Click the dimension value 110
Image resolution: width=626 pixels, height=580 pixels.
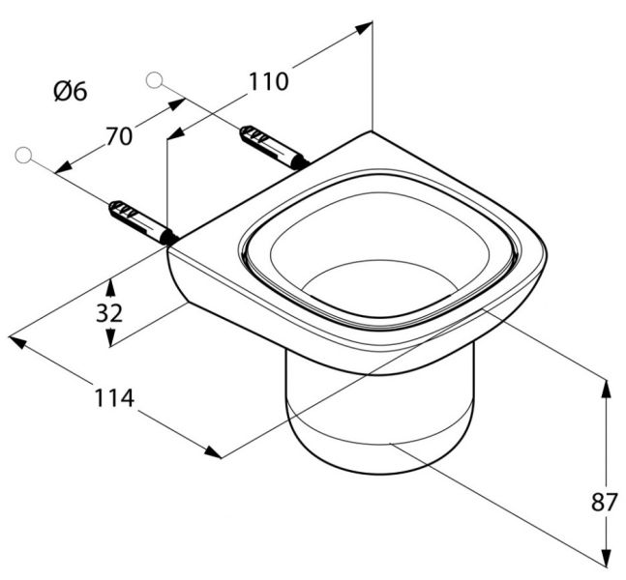pyautogui.click(x=268, y=82)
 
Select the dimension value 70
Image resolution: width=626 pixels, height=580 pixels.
pyautogui.click(x=118, y=136)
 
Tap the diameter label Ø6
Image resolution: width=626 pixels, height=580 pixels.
pyautogui.click(x=70, y=92)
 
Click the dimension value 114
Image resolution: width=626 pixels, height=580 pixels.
pyautogui.click(x=114, y=398)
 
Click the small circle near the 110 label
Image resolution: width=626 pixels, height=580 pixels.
pyautogui.click(x=153, y=79)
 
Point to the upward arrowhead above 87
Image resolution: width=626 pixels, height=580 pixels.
pyautogui.click(x=607, y=386)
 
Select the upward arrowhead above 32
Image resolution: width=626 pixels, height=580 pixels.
pyautogui.click(x=111, y=285)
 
